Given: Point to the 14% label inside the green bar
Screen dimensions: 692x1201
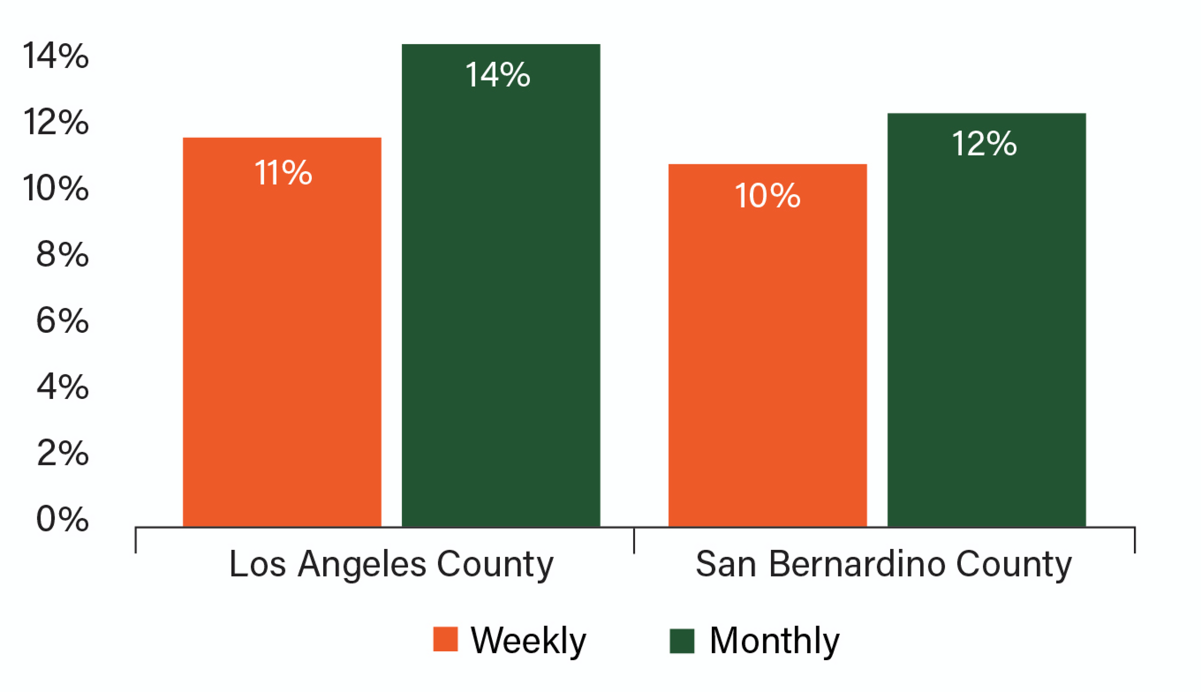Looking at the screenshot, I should coord(497,75).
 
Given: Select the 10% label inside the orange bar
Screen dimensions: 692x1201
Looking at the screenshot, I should coord(767,195).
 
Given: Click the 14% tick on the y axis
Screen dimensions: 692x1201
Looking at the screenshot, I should coord(55,55).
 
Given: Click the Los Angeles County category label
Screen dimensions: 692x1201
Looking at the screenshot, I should coord(391,564).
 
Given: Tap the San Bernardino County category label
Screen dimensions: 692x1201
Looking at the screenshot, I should coord(883,564).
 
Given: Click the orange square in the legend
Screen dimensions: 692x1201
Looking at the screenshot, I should coord(445,639).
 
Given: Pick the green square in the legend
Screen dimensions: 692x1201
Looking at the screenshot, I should coord(681,641).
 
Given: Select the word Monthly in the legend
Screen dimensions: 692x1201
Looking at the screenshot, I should coord(774,641).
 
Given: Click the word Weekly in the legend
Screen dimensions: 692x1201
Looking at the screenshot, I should coord(528,641).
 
